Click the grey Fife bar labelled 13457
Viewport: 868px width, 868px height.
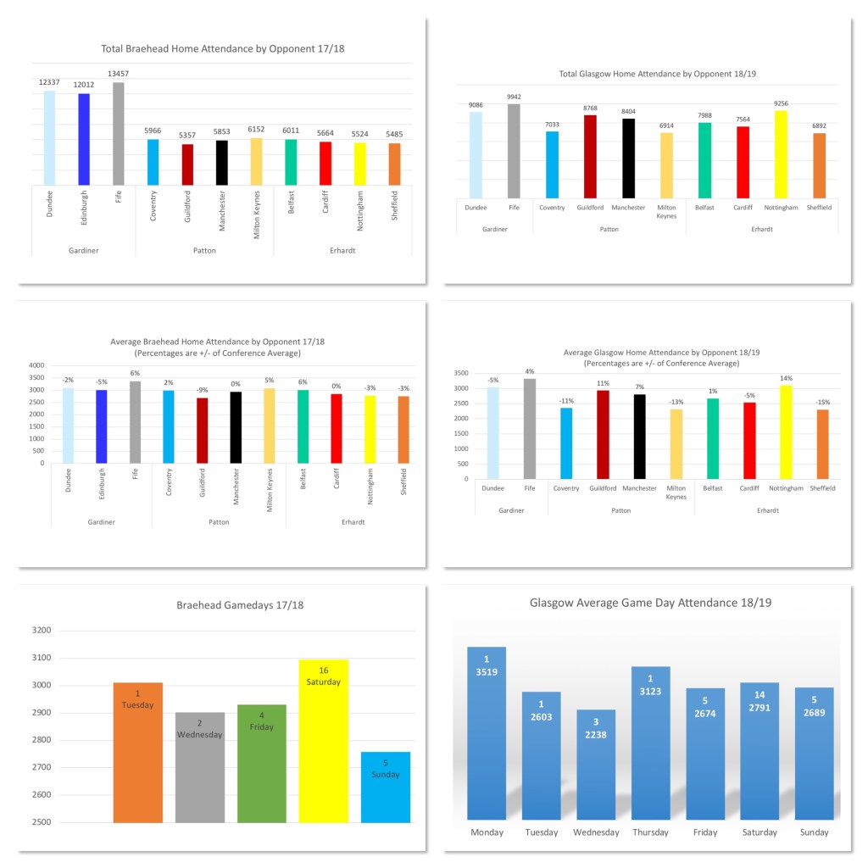coord(119,133)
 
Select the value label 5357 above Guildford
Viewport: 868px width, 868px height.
coord(187,135)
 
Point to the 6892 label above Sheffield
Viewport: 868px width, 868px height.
coord(819,125)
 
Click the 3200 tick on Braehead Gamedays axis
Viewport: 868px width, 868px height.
coord(41,631)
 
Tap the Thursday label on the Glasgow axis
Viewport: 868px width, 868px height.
coord(650,832)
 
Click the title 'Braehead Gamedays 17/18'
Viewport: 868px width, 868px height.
coord(240,606)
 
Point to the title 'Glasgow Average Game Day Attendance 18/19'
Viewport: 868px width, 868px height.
coord(650,604)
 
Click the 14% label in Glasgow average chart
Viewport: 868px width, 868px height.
coord(781,378)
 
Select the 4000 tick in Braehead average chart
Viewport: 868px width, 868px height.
coord(36,365)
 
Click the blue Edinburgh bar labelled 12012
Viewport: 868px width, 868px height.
coord(84,139)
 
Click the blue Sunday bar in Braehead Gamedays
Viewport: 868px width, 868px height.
coord(386,787)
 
